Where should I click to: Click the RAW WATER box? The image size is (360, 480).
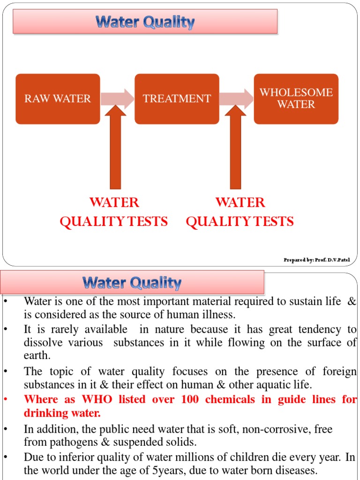pos(58,99)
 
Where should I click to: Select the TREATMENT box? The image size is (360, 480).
pos(177,99)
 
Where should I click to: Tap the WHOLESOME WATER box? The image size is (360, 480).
pos(296,98)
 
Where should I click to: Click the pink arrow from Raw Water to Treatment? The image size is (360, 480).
pos(117,98)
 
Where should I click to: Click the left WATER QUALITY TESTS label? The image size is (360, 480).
pos(114,212)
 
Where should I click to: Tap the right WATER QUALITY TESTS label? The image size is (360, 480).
pos(240,212)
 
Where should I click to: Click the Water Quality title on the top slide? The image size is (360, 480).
pos(145,22)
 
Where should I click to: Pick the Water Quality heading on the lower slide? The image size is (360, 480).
pos(132,283)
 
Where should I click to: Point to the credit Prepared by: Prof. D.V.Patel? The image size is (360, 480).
pos(316,260)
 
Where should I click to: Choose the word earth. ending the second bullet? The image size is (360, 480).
pos(37,355)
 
